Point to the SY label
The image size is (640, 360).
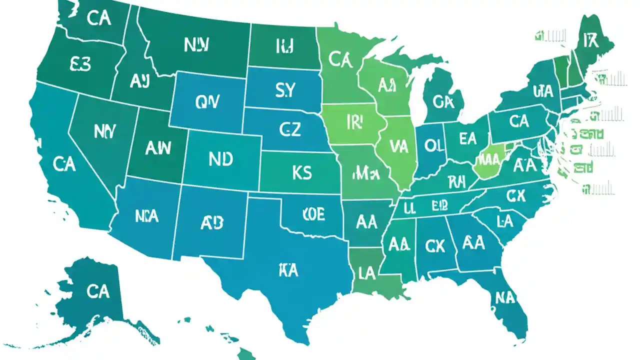pyautogui.click(x=285, y=90)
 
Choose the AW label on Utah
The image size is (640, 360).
pyautogui.click(x=158, y=147)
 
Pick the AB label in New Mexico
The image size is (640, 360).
pyautogui.click(x=211, y=223)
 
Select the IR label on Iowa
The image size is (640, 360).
pyautogui.click(x=353, y=122)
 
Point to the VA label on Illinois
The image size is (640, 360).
pyautogui.click(x=398, y=146)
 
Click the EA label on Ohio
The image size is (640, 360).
pyautogui.click(x=467, y=138)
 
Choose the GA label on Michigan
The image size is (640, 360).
pyautogui.click(x=443, y=102)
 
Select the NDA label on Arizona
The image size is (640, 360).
pyautogui.click(x=146, y=216)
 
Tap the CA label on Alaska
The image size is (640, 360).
pyautogui.click(x=97, y=291)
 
